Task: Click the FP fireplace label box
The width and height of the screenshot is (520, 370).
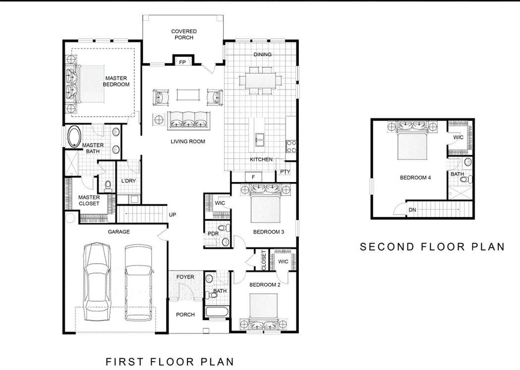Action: (182, 62)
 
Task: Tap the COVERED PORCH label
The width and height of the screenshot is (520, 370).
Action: (184, 35)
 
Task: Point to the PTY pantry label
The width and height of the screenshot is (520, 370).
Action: (285, 172)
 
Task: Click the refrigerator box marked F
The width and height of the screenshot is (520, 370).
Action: (253, 177)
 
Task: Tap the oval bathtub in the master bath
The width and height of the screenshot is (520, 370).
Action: (74, 137)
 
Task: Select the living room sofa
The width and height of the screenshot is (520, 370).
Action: (188, 120)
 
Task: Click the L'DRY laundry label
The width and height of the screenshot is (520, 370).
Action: (128, 181)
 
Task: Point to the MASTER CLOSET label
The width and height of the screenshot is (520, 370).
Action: (89, 200)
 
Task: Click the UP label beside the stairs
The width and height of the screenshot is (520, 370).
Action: (173, 215)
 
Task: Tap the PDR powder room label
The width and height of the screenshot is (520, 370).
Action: (213, 233)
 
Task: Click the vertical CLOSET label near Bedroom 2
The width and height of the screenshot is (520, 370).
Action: (264, 260)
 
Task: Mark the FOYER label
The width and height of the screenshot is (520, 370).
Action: (185, 277)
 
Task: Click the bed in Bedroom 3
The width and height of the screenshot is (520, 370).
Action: (267, 207)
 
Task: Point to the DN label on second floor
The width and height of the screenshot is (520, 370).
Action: (412, 210)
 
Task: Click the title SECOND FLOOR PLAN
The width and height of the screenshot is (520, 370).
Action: (432, 246)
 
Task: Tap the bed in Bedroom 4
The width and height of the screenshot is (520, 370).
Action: (413, 144)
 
